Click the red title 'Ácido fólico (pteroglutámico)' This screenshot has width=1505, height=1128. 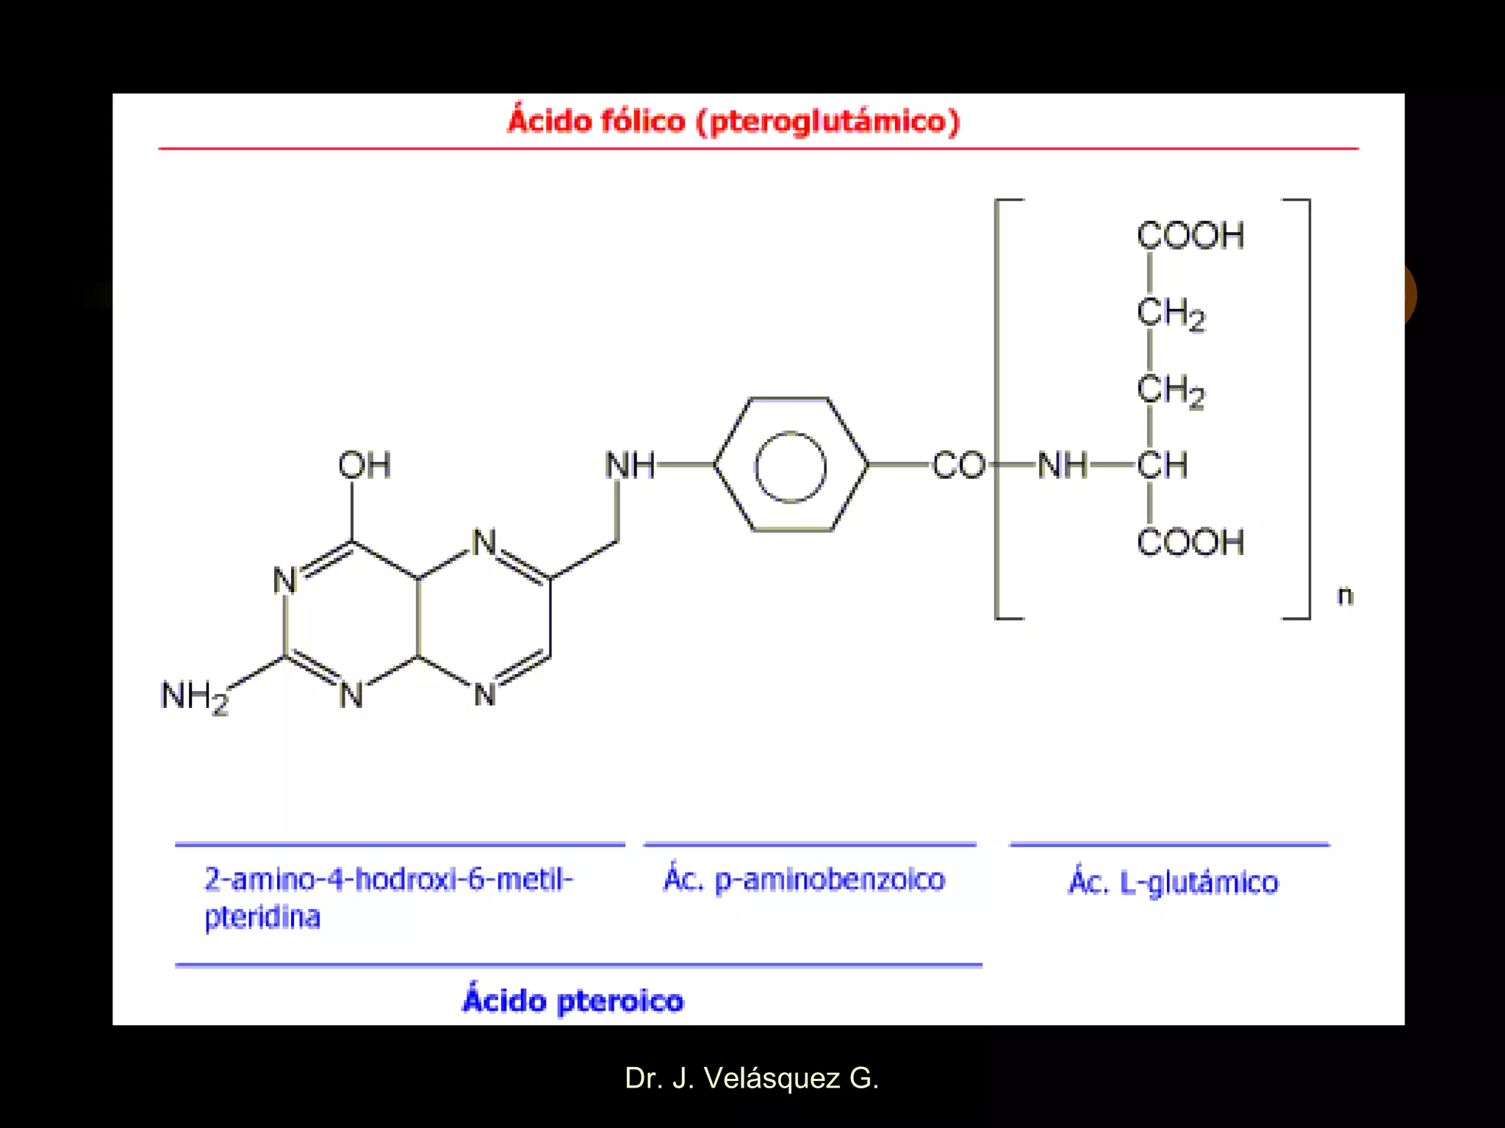click(733, 121)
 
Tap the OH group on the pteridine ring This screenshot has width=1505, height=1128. click(364, 465)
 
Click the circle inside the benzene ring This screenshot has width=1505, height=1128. click(791, 467)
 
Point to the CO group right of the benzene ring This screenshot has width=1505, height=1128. click(958, 466)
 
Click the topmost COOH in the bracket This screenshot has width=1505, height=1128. click(1190, 236)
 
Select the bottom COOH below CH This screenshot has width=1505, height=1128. click(1190, 543)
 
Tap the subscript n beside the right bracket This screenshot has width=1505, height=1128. click(1345, 596)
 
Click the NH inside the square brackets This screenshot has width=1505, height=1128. click(1062, 466)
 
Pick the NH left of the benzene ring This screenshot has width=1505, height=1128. click(630, 466)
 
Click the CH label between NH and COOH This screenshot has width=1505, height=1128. click(1162, 466)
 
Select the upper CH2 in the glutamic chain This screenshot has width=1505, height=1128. click(1171, 314)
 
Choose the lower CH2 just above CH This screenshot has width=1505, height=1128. click(1171, 390)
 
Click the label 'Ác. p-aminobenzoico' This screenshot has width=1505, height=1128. click(804, 880)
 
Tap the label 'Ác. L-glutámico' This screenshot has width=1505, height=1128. click(1173, 882)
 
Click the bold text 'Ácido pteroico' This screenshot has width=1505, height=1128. click(573, 1001)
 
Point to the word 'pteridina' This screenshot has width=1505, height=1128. click(262, 918)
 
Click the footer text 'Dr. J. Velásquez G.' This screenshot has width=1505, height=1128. click(751, 1078)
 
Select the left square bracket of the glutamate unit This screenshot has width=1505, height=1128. click(998, 408)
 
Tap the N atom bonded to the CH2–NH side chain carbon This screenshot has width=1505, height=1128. click(484, 543)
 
